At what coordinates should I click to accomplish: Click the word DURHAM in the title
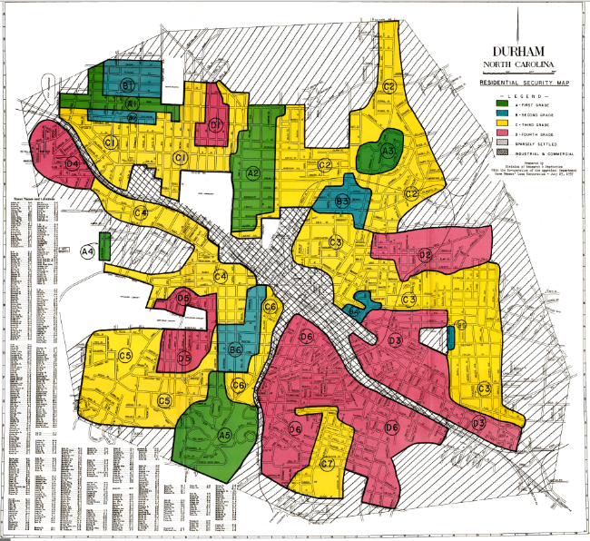click(520, 52)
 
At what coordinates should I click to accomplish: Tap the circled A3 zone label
click(388, 151)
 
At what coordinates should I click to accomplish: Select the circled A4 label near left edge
click(87, 251)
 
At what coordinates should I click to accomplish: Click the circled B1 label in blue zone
click(128, 84)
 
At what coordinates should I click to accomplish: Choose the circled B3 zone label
click(342, 202)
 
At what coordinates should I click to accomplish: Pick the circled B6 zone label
click(235, 351)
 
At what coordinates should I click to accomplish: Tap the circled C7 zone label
click(328, 464)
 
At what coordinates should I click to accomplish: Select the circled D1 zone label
click(216, 123)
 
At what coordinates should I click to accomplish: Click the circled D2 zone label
click(425, 255)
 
